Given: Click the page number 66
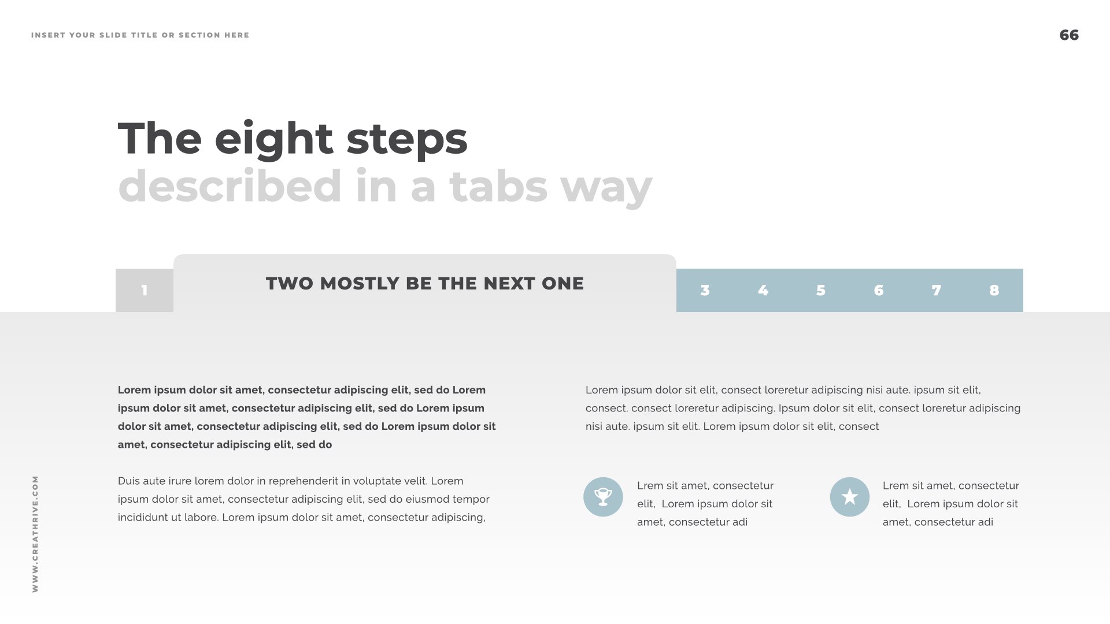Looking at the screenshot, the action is [1069, 35].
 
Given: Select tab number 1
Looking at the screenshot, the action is [145, 290].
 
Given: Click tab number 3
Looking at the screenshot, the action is [705, 290].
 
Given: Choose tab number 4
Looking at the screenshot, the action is [763, 290].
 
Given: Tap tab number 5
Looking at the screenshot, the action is [821, 290].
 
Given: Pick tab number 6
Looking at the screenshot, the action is [879, 290].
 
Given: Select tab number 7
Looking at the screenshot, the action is [937, 290].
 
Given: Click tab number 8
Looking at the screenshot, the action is [994, 290].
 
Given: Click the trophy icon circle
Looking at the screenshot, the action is [603, 497].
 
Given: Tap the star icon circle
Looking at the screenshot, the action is [850, 497].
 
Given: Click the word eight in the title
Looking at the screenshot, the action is [274, 140].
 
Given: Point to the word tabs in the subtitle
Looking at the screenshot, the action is [498, 186].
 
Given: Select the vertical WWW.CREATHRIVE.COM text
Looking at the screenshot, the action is [35, 534].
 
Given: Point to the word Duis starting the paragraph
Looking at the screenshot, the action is [129, 481].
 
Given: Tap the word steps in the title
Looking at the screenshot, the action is [407, 140].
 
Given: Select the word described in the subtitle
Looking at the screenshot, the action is [230, 186].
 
